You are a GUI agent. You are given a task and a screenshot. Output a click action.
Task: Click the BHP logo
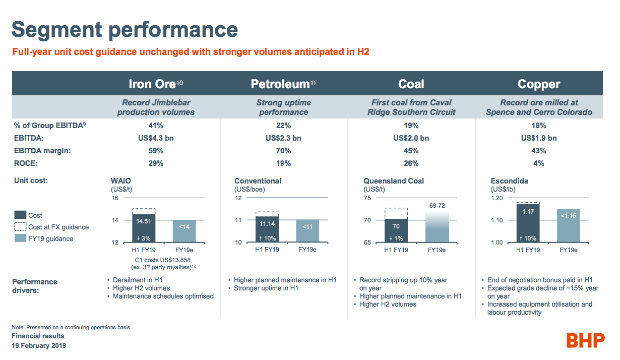click(x=585, y=340)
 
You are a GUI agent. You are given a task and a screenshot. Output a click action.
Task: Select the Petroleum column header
click(x=283, y=84)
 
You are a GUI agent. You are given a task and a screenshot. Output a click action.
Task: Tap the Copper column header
click(x=538, y=84)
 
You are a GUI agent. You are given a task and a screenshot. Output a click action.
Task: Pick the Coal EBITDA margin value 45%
click(x=411, y=151)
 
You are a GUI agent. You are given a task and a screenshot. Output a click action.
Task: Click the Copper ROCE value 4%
click(x=538, y=163)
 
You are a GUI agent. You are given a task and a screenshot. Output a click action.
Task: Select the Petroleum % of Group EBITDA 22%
click(x=283, y=126)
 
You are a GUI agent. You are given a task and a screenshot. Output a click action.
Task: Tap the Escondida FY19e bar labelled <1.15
click(x=569, y=225)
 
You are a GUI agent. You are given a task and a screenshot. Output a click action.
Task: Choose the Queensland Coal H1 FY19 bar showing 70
click(x=396, y=230)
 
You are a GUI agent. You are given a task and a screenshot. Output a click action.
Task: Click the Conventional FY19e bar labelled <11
click(x=307, y=231)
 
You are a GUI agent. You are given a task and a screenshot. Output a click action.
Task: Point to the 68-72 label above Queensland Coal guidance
click(x=437, y=206)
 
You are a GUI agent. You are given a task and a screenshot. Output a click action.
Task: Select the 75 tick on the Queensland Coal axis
click(x=367, y=198)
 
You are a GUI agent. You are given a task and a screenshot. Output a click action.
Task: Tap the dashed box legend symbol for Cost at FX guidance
click(x=20, y=227)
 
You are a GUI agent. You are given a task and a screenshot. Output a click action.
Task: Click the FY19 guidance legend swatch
click(x=20, y=238)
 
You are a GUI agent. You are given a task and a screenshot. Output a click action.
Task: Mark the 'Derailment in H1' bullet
click(x=137, y=280)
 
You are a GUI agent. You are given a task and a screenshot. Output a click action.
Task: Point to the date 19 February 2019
click(x=39, y=346)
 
